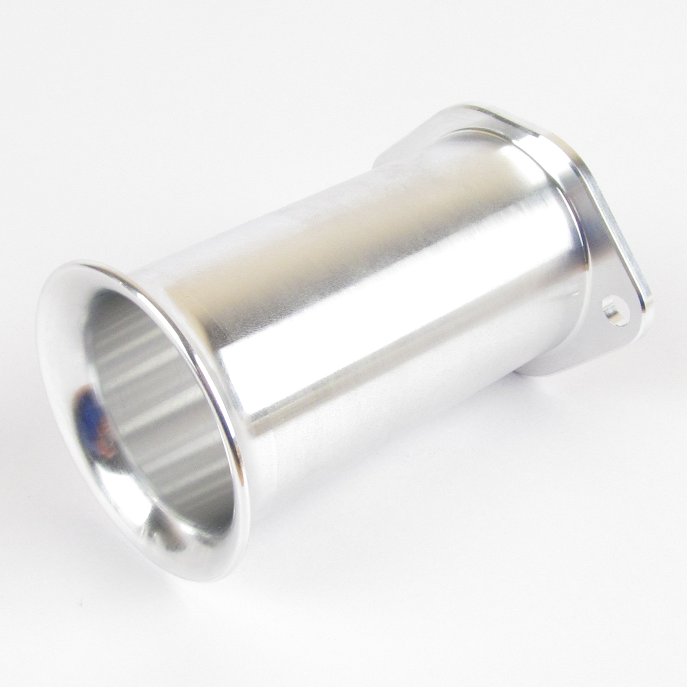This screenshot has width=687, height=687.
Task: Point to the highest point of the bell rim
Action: [x=83, y=260]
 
